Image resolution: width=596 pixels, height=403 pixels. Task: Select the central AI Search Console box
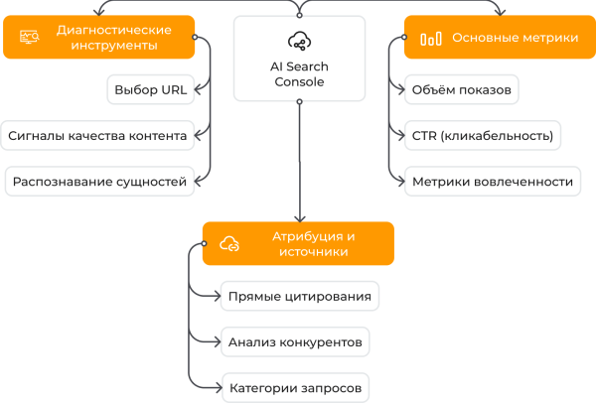click(x=299, y=59)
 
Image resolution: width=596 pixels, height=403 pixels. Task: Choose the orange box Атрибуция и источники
click(x=298, y=243)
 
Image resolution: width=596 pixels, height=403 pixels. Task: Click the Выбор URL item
click(x=150, y=90)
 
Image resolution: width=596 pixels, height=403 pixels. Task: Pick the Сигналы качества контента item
click(x=96, y=136)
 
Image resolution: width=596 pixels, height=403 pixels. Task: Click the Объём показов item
click(x=462, y=90)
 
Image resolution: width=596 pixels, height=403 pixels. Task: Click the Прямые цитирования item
click(x=299, y=296)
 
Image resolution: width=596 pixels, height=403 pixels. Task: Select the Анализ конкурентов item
click(x=294, y=341)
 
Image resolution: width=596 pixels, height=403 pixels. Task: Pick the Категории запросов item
click(x=294, y=387)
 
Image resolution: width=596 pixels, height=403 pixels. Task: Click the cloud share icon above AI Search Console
click(x=299, y=41)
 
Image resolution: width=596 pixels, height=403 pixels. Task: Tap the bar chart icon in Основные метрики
click(x=431, y=39)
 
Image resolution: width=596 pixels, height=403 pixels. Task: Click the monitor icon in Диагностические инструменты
click(x=29, y=38)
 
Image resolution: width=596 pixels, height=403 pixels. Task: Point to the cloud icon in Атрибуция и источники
click(x=229, y=244)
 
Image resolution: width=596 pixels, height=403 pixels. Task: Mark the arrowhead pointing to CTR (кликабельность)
click(x=399, y=136)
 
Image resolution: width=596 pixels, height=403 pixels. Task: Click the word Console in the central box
click(x=299, y=82)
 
